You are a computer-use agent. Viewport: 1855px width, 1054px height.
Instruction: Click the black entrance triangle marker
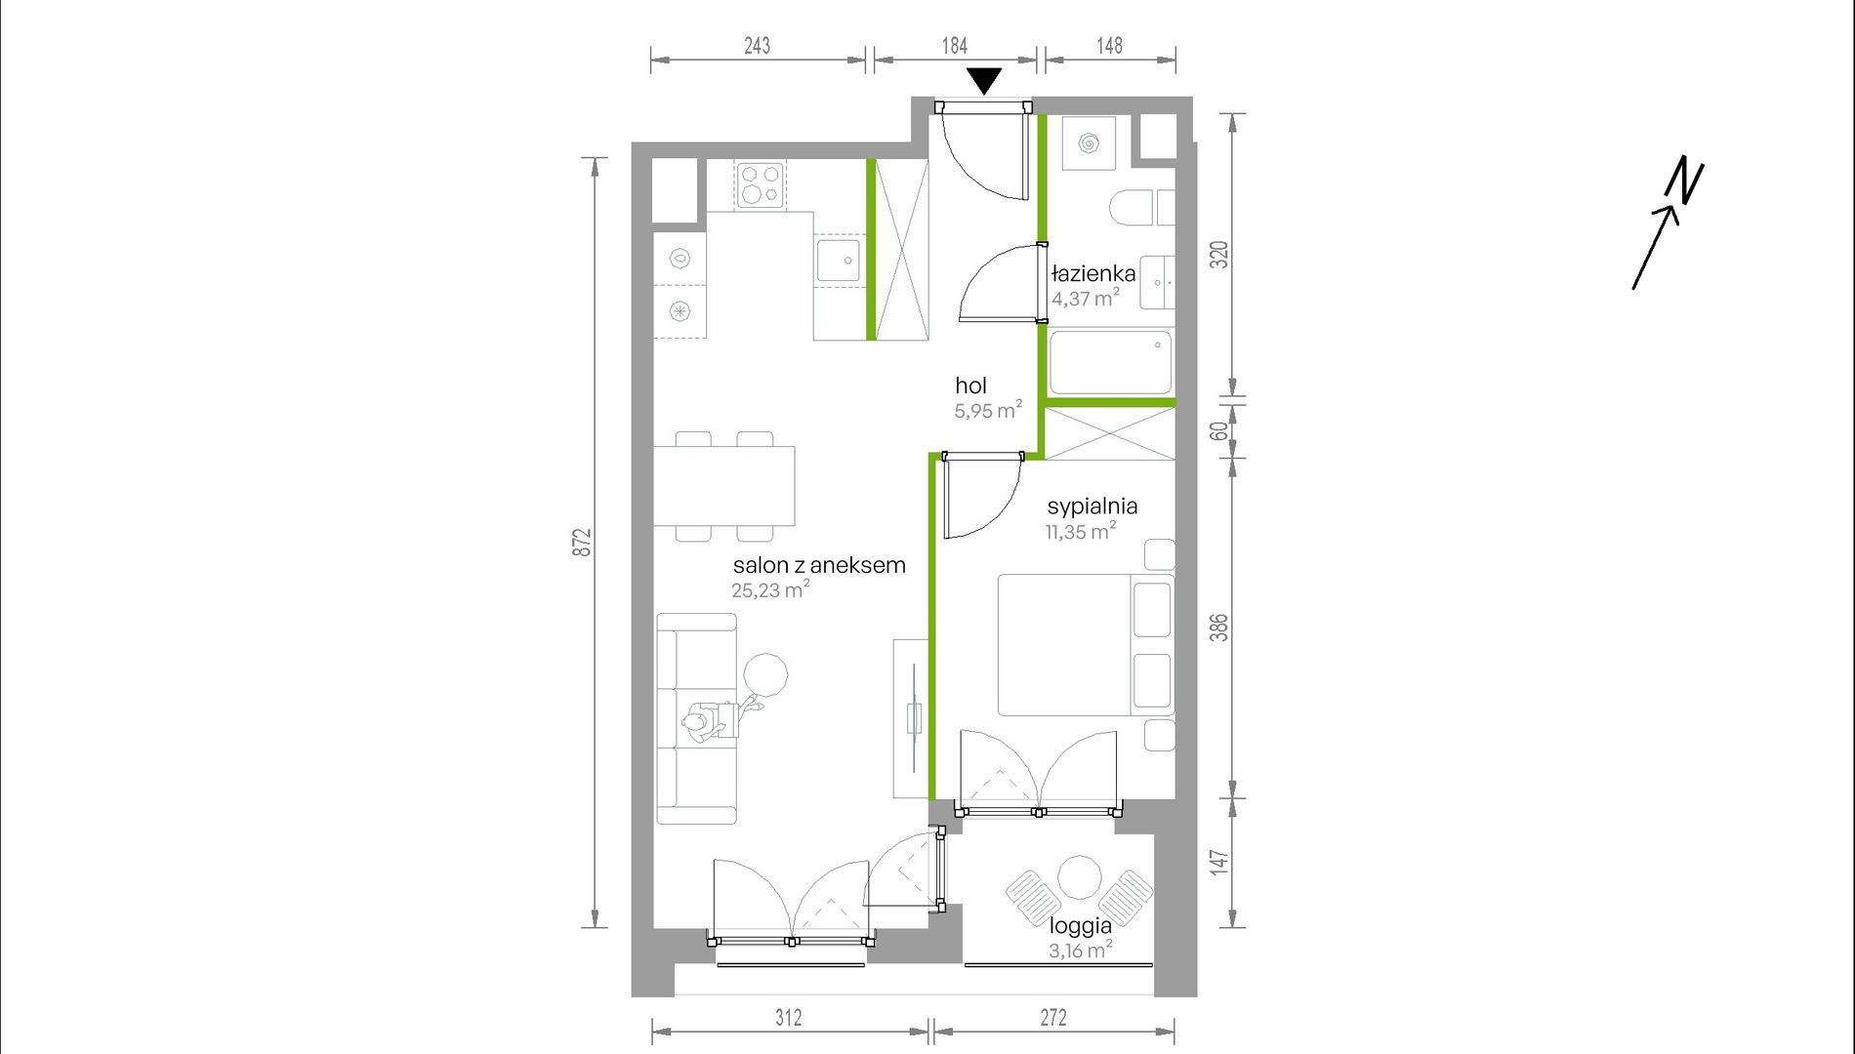pos(984,80)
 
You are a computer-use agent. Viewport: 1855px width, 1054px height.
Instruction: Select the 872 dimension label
pos(582,543)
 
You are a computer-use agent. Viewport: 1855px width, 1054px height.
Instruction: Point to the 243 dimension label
pos(757,45)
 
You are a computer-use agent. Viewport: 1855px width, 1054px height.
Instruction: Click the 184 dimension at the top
pos(954,45)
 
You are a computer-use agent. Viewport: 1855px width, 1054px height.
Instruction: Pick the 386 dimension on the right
pos(1218,627)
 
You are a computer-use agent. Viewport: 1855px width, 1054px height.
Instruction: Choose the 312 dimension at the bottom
pos(789,1018)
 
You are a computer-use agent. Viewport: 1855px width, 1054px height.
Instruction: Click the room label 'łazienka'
pos(1093,273)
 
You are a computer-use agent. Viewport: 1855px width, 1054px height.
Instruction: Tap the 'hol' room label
pos(971,385)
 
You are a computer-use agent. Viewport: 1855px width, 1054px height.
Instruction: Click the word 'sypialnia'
pos(1092,507)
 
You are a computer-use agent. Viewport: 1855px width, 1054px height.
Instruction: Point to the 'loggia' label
pos(1081,926)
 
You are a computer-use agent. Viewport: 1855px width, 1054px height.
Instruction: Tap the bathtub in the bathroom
pos(1111,362)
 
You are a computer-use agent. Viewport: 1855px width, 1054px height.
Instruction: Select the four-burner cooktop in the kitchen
pos(761,185)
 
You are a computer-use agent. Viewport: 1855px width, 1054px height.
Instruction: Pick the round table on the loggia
pos(1080,878)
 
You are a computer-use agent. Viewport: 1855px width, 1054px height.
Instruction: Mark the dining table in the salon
pos(723,486)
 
